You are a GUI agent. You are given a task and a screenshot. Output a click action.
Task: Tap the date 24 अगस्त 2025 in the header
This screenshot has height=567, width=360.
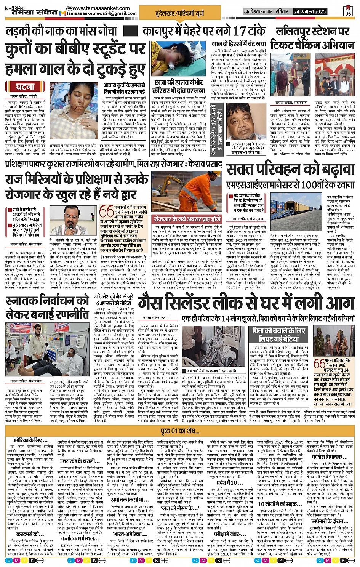point(310,11)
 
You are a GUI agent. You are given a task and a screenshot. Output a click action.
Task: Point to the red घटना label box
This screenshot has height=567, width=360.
point(25,87)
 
